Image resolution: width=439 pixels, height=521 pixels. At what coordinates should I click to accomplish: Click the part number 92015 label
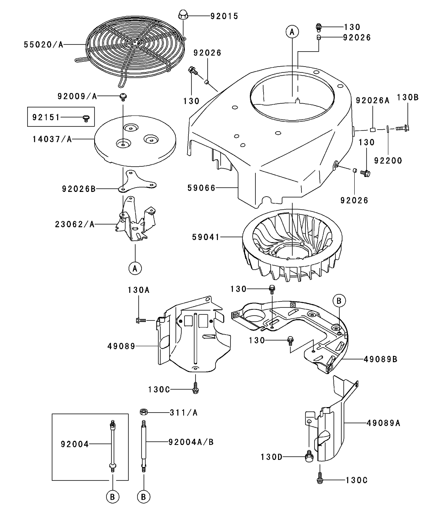(224, 17)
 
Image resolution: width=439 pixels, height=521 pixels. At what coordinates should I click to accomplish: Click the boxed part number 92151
(45, 117)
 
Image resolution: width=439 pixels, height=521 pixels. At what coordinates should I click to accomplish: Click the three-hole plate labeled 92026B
(135, 181)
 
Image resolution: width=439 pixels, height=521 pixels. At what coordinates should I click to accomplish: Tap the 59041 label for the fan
(206, 237)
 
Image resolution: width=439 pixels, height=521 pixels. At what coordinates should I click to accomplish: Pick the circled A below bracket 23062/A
(135, 268)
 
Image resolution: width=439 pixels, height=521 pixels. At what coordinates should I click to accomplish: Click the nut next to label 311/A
(143, 412)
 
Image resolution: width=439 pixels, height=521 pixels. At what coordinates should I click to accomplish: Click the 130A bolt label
(138, 290)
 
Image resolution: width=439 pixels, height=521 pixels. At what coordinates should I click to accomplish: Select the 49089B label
(380, 359)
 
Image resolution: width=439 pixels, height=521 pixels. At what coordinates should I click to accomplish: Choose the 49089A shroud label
(383, 423)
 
